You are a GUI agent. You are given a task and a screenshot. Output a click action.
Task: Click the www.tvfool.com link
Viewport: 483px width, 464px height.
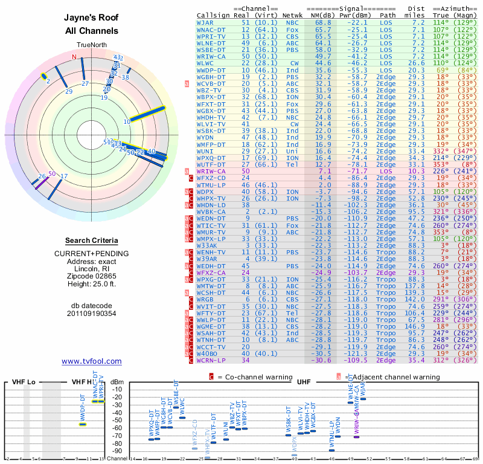(x=91, y=361)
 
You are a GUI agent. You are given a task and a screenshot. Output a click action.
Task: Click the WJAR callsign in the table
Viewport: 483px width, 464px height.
(x=205, y=22)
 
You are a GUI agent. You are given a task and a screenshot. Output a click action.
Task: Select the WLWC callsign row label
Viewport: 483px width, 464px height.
(x=205, y=62)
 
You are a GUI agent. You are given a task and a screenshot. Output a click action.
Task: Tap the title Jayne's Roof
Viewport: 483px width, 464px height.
(x=91, y=18)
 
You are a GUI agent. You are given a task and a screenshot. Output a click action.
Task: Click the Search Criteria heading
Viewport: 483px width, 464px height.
(x=91, y=240)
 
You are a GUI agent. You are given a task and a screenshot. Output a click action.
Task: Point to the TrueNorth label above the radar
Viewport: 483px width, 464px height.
(x=91, y=45)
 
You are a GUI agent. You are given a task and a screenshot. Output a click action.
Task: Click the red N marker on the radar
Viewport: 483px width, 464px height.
(x=75, y=57)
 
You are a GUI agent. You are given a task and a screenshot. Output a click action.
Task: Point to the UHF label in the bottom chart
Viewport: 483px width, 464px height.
(x=304, y=382)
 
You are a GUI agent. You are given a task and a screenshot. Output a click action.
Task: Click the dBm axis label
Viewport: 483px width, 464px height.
(x=117, y=382)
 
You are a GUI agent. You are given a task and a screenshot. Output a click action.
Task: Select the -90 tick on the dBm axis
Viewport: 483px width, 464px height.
(x=117, y=451)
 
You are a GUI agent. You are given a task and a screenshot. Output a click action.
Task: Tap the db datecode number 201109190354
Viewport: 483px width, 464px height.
(x=91, y=314)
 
